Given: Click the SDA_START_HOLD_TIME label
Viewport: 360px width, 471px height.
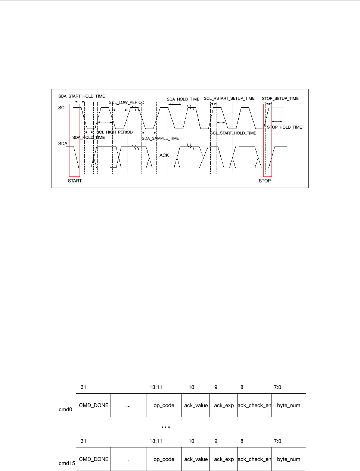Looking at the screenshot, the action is click(x=81, y=96).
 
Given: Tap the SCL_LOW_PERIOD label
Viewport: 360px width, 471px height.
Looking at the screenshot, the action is click(x=127, y=102).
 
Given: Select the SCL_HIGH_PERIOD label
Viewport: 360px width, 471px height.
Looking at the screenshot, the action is click(x=115, y=132).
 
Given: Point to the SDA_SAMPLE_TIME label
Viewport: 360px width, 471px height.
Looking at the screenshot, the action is click(x=160, y=138).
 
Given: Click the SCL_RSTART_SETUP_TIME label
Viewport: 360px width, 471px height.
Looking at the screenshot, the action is click(x=229, y=98).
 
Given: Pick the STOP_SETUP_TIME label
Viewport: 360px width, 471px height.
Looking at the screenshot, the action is click(x=280, y=98).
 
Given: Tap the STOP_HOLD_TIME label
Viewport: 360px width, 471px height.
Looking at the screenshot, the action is click(x=284, y=127).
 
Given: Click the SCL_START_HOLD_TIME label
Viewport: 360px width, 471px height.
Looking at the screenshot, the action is click(x=233, y=133).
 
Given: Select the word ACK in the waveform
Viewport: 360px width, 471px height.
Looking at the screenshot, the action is click(x=164, y=155).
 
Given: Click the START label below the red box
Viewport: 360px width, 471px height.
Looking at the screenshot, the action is click(x=75, y=181).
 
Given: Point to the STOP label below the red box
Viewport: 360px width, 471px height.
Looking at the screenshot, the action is click(x=265, y=181).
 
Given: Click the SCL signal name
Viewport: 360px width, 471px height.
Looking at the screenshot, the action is click(x=63, y=108).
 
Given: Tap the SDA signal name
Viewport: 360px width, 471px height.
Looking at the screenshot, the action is click(x=63, y=144).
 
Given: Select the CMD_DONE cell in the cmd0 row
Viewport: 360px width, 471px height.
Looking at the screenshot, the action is click(x=94, y=405).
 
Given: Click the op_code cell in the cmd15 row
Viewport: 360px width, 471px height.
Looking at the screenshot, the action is click(x=164, y=459).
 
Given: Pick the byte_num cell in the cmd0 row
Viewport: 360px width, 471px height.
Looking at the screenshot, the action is click(x=289, y=405).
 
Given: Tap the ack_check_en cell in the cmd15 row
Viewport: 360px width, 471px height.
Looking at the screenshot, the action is click(x=254, y=459).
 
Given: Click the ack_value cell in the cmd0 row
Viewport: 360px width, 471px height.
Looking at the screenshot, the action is click(x=196, y=405).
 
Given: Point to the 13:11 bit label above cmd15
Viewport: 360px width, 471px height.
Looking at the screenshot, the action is click(x=155, y=441).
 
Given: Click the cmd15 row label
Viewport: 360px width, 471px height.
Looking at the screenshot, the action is click(x=67, y=463).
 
